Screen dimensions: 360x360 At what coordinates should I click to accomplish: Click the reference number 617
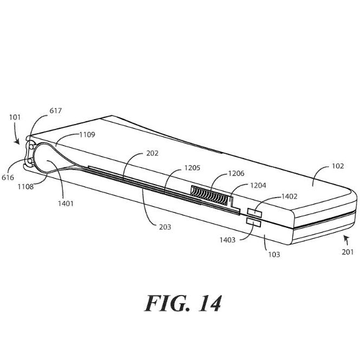tap(56, 110)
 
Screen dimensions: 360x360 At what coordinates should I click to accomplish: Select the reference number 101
tap(15, 117)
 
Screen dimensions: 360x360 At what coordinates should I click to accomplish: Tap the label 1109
tap(87, 135)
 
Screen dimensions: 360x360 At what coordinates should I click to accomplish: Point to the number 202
tap(153, 153)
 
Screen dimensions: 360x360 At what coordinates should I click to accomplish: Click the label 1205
tap(192, 168)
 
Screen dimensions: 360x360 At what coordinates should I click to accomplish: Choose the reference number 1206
tap(236, 173)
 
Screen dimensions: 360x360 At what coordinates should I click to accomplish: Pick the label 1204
tap(258, 185)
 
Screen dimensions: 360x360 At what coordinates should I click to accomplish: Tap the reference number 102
tap(338, 166)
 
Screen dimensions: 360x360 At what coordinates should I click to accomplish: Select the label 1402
tap(289, 197)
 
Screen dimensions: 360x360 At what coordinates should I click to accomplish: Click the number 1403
tap(227, 240)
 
